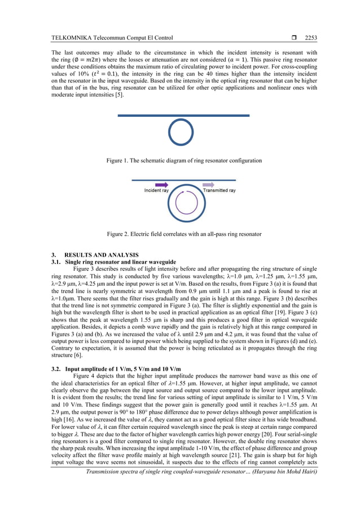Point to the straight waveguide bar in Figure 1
183,116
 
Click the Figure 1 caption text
184,161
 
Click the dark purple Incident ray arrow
160,185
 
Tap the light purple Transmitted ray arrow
208,185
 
